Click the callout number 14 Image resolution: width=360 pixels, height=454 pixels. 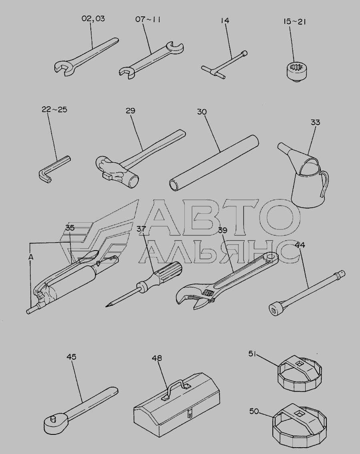(225, 20)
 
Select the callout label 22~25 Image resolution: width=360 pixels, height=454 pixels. (54, 110)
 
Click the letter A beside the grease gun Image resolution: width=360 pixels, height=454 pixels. (31, 257)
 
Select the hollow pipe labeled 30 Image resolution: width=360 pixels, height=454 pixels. (214, 163)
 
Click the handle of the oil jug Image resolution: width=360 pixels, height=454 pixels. (324, 182)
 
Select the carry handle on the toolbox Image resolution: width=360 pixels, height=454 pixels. (176, 388)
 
